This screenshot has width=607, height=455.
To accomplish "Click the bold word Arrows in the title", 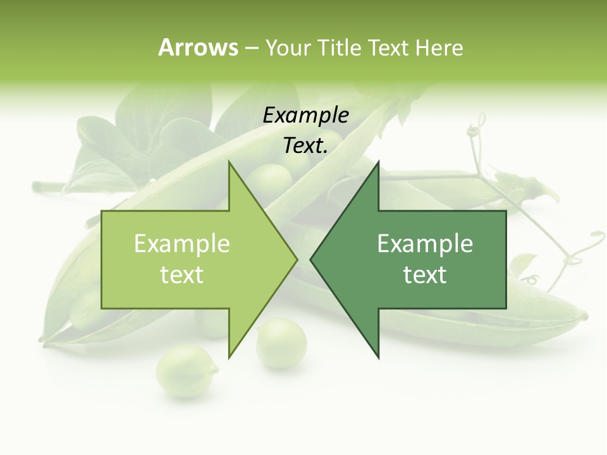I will click(x=198, y=47).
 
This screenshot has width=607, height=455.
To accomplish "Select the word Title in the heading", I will click(x=341, y=47).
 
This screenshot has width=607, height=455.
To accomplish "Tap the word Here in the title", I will click(x=439, y=47).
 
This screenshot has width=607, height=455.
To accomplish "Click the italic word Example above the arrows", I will click(x=306, y=115).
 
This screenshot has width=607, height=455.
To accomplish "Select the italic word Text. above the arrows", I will click(x=306, y=145).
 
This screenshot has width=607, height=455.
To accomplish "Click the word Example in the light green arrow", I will click(x=182, y=244).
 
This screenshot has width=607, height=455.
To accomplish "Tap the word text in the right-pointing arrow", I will click(x=182, y=275).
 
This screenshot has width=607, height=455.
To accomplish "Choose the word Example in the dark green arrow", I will click(x=425, y=244).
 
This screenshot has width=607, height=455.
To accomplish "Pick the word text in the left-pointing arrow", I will click(x=425, y=275).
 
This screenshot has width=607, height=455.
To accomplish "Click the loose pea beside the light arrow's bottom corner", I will click(x=281, y=343).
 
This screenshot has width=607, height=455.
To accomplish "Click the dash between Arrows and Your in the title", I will click(x=251, y=48).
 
